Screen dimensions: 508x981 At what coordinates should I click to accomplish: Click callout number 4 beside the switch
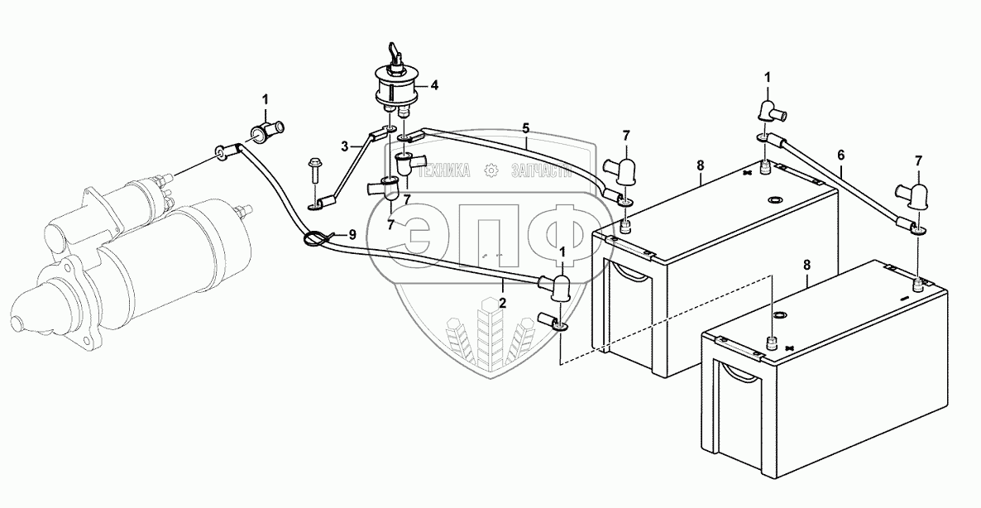(x=433, y=84)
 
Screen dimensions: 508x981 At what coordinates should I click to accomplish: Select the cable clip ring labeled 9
(x=314, y=239)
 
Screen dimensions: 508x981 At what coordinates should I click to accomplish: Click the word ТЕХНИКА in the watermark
(x=443, y=171)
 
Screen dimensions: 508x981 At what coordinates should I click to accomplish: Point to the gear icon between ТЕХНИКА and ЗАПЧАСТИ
(x=491, y=170)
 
